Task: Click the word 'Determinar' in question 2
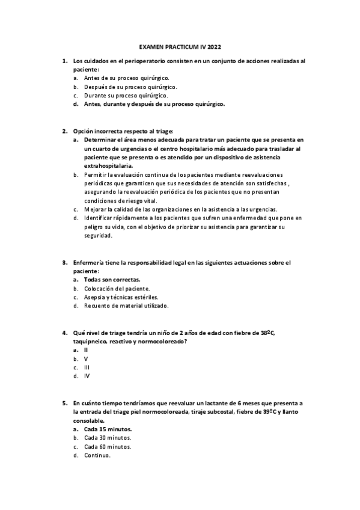[102, 139]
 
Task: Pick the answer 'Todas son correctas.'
[112, 280]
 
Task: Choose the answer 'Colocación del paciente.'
[117, 289]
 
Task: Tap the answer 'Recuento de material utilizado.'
[126, 306]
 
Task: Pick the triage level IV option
[87, 376]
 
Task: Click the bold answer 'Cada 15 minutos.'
[108, 429]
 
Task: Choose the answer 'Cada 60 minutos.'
[108, 447]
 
